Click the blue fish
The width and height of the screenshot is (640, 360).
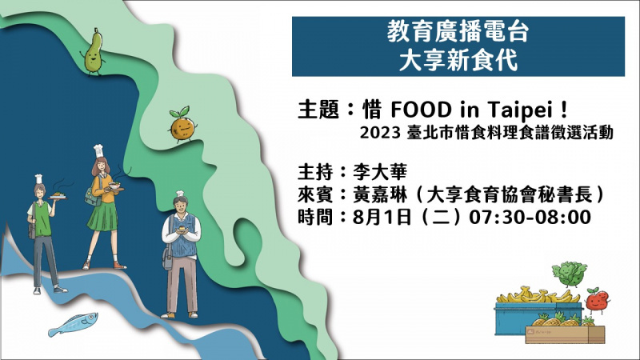pos(74,324)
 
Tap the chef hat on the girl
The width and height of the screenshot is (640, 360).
pos(98,151)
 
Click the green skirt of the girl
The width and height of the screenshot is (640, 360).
pos(102,216)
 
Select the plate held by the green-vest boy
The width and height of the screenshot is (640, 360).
pos(58,198)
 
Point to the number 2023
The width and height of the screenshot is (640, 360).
pos(379,133)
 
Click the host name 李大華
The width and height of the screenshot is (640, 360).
pos(380,172)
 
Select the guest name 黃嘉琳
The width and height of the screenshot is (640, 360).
pos(380,194)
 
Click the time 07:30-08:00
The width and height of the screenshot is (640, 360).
pos(530,217)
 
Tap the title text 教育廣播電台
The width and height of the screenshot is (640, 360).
pos(458,32)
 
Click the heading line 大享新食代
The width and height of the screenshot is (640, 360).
pos(458,61)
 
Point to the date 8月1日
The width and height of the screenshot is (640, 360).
pos(382,217)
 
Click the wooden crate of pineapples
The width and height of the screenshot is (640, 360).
pos(565,334)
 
